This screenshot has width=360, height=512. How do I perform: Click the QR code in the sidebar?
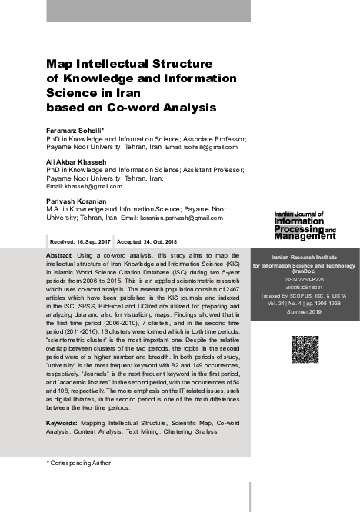[x=305, y=349]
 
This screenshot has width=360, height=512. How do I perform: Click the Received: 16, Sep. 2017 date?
[x=80, y=241]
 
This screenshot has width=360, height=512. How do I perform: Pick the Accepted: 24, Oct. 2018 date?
[x=151, y=241]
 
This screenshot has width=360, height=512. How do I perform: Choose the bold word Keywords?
[x=62, y=424]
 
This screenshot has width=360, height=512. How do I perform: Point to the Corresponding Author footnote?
[x=80, y=463]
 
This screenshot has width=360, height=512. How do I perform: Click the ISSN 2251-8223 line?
[x=305, y=279]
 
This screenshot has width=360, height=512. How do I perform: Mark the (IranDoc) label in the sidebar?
[x=305, y=271]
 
